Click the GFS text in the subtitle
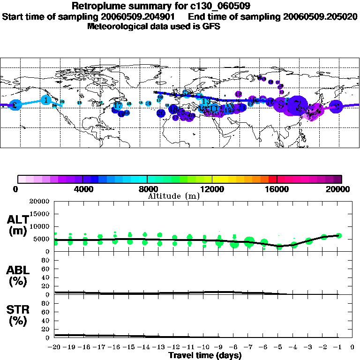211,26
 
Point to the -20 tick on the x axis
55,347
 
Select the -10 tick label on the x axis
204,347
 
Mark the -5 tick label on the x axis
279,347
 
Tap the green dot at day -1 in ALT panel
339,235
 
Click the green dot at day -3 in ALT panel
309,241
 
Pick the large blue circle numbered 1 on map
45,100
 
